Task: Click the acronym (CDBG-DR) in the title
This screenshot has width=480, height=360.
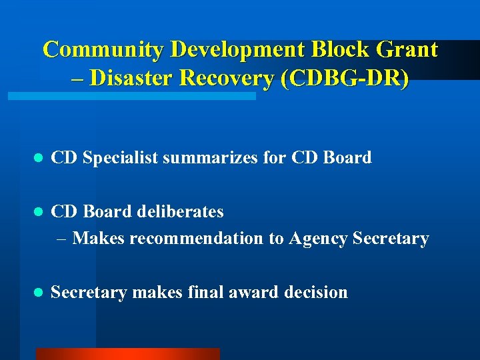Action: (x=345, y=78)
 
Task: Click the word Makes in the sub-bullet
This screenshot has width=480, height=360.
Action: (x=98, y=238)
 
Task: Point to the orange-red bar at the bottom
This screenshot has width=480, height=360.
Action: (x=127, y=354)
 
